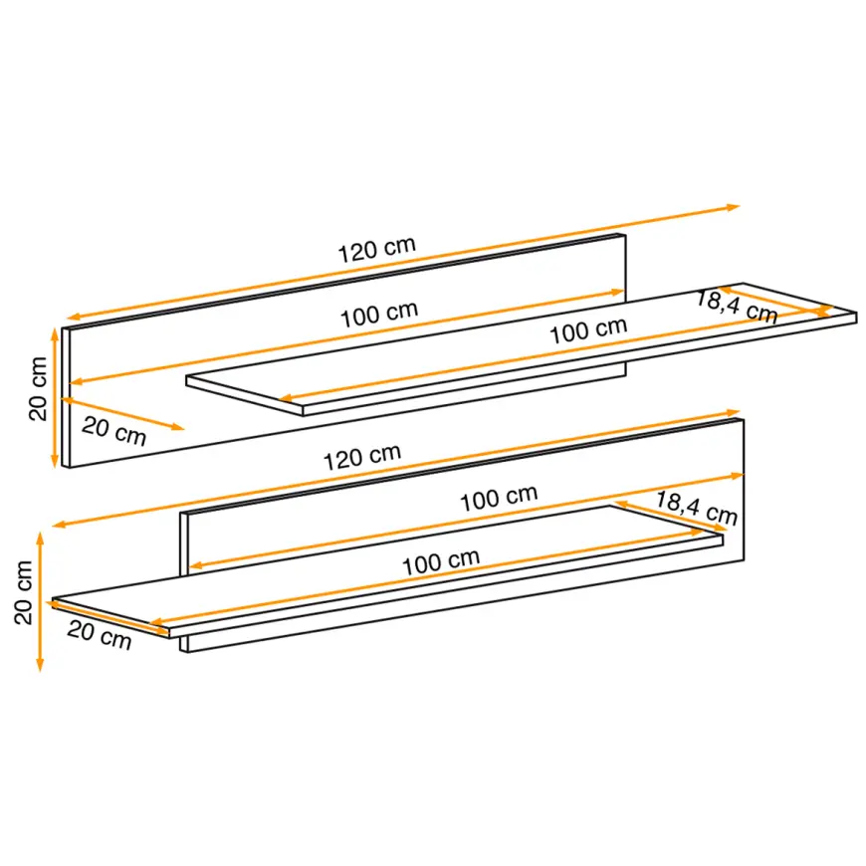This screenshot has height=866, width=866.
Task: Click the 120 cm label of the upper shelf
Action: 376,250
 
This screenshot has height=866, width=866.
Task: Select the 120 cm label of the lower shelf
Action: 361,457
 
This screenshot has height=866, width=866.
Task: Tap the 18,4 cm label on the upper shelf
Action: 737,307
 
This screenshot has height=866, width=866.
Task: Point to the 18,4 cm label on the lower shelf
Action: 697,508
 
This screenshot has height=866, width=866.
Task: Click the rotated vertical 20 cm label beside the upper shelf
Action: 38,389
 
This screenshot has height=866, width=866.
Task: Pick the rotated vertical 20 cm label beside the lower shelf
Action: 24,592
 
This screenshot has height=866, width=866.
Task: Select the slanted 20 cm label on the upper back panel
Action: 113,431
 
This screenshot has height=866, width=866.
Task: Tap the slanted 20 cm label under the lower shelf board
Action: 100,635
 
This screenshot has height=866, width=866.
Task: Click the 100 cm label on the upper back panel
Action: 379,315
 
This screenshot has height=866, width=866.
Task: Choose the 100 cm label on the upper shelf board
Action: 588,330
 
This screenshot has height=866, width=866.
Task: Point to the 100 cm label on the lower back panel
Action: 499,498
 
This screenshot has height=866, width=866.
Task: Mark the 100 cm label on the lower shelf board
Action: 441,562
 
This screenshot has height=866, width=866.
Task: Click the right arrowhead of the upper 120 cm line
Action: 734,208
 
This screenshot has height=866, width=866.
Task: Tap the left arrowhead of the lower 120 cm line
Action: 59,525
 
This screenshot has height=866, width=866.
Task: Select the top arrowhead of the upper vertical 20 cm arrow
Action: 55,334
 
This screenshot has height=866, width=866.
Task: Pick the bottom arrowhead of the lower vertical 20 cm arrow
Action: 40,665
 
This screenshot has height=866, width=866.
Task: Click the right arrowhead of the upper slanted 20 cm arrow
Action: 178,426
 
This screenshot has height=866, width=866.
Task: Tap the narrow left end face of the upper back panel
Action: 66,397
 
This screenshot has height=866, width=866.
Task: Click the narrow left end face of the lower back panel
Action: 184,582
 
